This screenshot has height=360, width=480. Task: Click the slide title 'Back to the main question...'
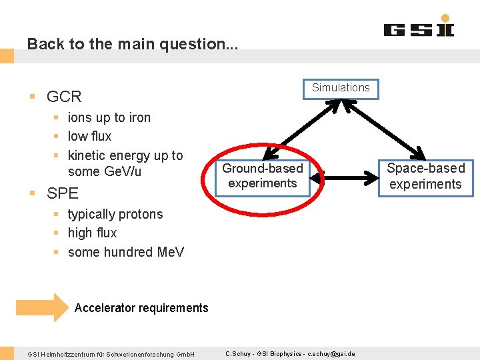132,44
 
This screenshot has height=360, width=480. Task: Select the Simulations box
341,88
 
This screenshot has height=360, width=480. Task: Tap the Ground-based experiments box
263,176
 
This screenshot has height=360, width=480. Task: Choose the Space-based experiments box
425,177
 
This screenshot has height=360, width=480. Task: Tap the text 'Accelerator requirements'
141,308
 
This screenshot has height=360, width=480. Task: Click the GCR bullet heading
64,97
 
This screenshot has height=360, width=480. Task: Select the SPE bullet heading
63,193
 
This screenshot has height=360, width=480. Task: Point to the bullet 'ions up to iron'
109,118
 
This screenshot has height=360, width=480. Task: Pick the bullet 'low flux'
90,137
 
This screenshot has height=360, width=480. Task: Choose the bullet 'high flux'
92,233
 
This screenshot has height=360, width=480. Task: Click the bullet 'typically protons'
115,215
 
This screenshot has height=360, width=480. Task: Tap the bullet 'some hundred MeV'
126,252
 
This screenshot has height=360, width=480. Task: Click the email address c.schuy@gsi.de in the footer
331,354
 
